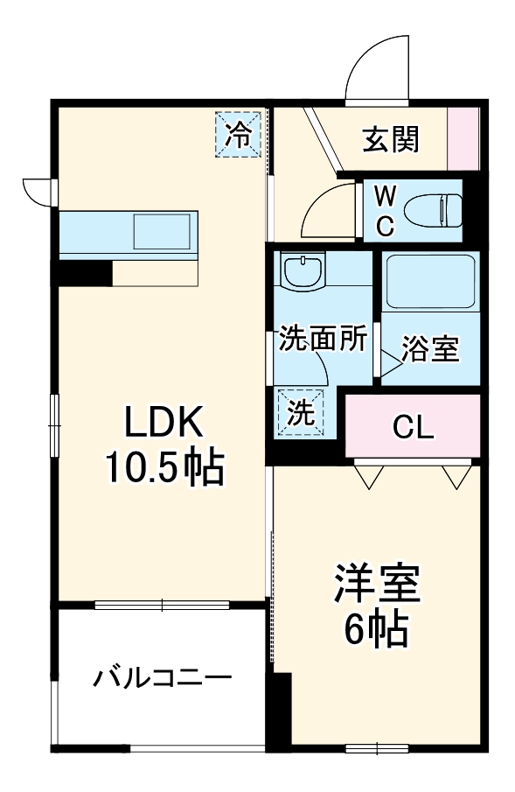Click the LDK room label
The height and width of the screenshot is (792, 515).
[164, 424]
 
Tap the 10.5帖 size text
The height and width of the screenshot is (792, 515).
[164, 469]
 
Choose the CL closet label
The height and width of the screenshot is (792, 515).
[413, 426]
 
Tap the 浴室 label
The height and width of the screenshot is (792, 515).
[429, 348]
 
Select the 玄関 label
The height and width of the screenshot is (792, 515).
[391, 137]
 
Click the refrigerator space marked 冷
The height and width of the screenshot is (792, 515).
[239, 134]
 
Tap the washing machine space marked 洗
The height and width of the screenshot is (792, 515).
[301, 411]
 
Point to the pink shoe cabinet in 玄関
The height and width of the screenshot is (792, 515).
[464, 138]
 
